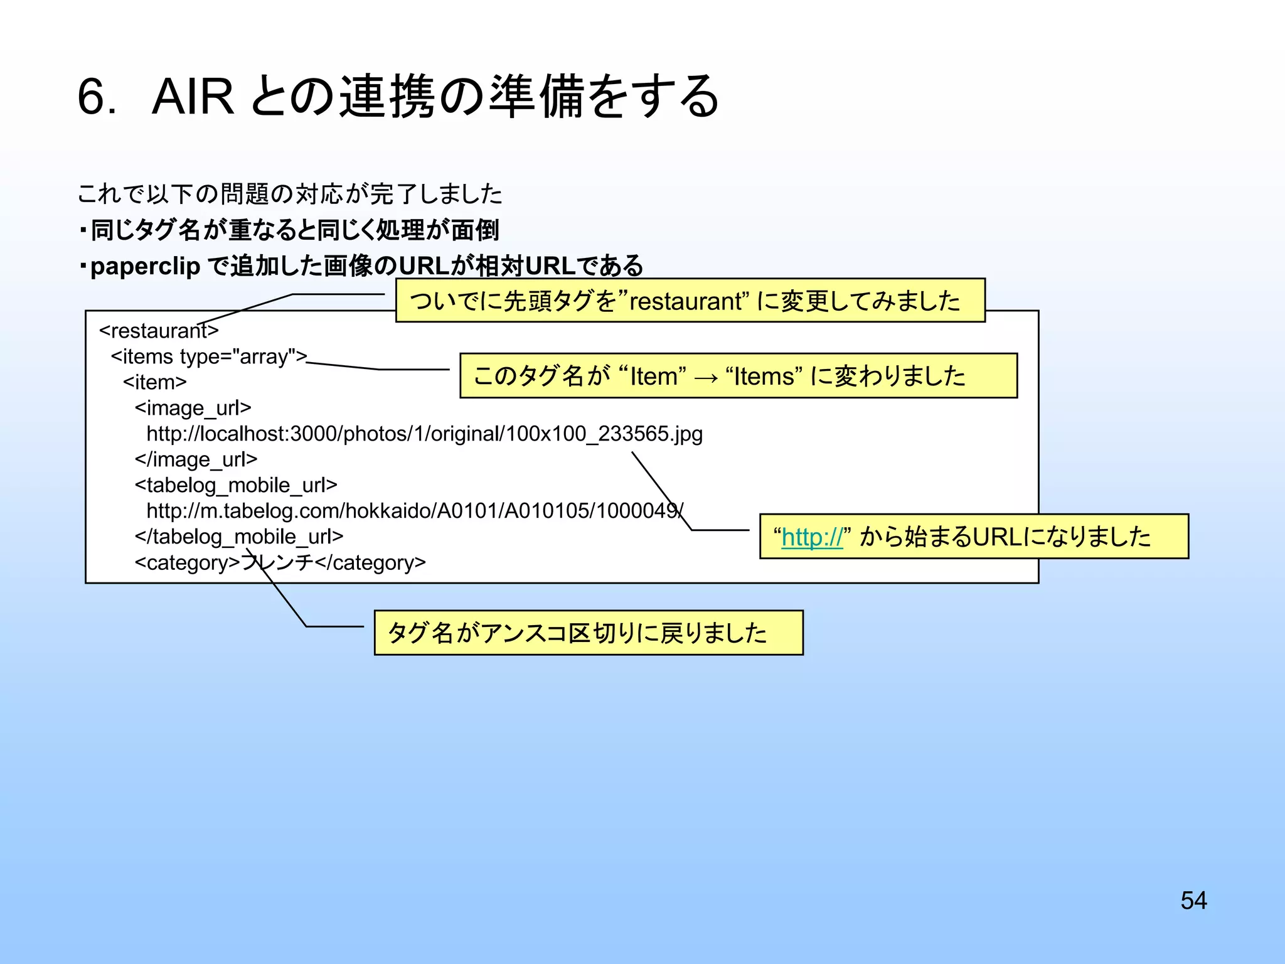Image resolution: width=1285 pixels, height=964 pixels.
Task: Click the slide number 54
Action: tap(1193, 900)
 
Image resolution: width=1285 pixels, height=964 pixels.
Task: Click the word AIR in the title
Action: tap(193, 97)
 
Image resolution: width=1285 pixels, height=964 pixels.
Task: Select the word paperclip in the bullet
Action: tap(145, 266)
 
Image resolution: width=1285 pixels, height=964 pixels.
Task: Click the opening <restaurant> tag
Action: tap(159, 330)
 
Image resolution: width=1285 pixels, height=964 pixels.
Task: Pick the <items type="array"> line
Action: tap(209, 356)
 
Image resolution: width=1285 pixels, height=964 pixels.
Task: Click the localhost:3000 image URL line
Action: tap(424, 434)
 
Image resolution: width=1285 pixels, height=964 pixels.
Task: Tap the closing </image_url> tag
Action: tap(196, 459)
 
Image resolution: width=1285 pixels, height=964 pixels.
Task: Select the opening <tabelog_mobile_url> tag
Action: tap(236, 485)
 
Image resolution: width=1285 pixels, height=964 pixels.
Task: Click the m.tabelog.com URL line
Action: tap(414, 511)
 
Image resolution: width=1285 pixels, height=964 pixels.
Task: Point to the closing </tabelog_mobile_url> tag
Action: tap(239, 537)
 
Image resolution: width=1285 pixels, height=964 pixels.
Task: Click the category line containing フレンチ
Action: tap(280, 562)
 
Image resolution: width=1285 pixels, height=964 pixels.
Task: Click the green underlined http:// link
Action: tap(812, 537)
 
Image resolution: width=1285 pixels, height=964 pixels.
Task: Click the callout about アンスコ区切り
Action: tap(588, 633)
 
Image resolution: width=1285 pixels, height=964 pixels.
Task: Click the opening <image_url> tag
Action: tap(193, 408)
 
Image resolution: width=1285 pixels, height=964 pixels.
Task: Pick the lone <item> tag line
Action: tap(154, 382)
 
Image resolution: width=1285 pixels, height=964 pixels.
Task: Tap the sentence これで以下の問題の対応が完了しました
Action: tap(290, 194)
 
